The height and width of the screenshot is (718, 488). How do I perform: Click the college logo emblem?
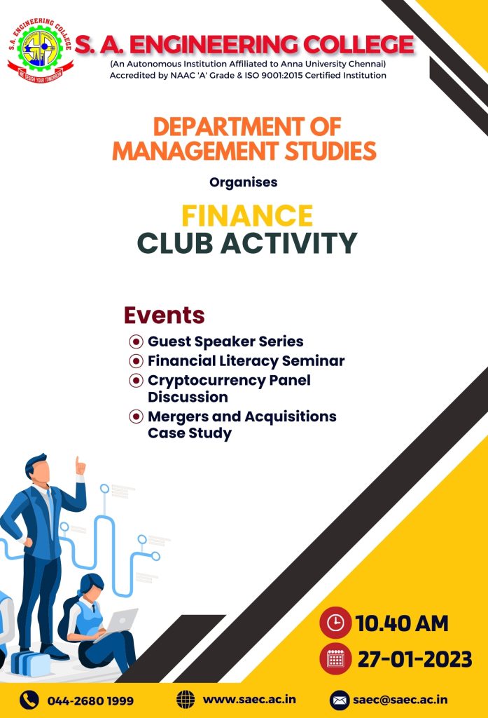40,50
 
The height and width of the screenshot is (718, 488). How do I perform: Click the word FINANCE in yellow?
247,216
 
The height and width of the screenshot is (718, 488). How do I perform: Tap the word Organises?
244,182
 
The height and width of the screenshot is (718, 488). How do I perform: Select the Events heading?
165,315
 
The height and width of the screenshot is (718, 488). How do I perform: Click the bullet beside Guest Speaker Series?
136,341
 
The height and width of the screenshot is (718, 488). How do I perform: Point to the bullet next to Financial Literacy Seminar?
136,361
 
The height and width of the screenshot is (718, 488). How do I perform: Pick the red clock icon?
335,623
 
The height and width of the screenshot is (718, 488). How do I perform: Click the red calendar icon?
335,659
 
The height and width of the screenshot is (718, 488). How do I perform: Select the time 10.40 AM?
402,623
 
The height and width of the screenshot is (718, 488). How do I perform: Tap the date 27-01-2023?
414,659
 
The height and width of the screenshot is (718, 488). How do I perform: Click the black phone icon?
29,700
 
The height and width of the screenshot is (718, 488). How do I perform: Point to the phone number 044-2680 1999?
90,700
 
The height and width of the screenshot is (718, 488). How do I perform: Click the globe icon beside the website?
186,700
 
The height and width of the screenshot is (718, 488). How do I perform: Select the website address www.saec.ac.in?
249,700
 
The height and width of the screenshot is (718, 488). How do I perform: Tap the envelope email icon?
339,700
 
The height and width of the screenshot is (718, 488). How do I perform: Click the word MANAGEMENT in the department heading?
195,151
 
